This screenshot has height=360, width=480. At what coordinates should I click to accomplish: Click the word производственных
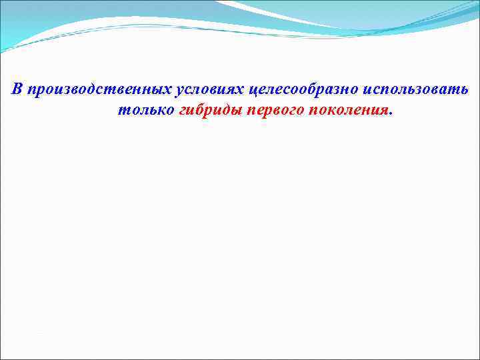[x=99, y=90]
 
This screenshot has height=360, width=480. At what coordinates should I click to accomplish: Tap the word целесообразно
[x=299, y=90]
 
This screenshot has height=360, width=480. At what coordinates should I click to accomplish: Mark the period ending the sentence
[x=391, y=113]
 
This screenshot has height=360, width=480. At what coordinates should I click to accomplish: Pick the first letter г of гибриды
[x=184, y=110]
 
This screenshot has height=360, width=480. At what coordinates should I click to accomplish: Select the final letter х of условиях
[x=242, y=91]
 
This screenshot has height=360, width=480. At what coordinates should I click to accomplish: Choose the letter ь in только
[x=162, y=110]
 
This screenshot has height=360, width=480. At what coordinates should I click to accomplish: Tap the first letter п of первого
[x=251, y=110]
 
